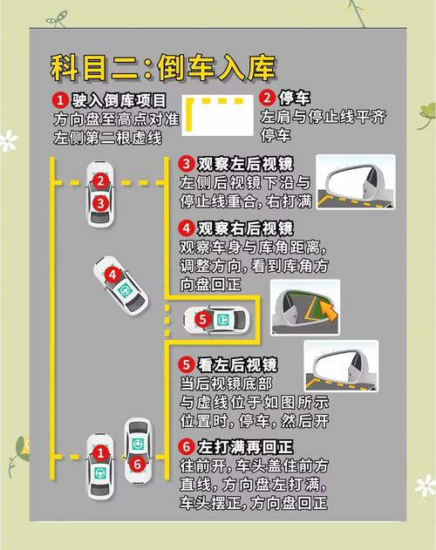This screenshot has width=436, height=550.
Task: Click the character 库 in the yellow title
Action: pyautogui.click(x=261, y=68)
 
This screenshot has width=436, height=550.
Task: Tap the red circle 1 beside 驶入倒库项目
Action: pyautogui.click(x=60, y=100)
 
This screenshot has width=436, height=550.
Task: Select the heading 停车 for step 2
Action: pyautogui.click(x=294, y=98)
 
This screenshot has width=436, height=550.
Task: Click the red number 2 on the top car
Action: pyautogui.click(x=100, y=181)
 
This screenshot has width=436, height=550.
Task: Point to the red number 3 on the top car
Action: pyautogui.click(x=100, y=203)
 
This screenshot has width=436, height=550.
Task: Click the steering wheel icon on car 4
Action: pyautogui.click(x=125, y=289)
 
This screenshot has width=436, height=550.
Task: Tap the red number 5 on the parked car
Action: pyautogui.click(x=202, y=320)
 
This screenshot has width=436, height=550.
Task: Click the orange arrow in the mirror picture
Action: pyautogui.click(x=329, y=310)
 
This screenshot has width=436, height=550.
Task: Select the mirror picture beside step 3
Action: pyautogui.click(x=356, y=182)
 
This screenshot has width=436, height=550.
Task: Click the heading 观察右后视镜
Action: pyautogui.click(x=245, y=228)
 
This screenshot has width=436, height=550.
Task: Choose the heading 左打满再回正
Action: pyautogui.click(x=245, y=447)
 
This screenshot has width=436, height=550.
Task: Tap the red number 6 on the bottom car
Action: pyautogui.click(x=137, y=465)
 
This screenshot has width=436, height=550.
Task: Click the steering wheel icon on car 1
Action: pyautogui.click(x=100, y=473)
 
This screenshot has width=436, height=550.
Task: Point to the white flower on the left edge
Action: pyautogui.click(x=9, y=140)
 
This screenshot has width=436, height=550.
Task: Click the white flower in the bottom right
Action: pyautogui.click(x=426, y=485)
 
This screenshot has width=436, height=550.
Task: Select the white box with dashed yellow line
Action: pyautogui.click(x=218, y=115)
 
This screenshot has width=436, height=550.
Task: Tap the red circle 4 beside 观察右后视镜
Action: pyautogui.click(x=187, y=228)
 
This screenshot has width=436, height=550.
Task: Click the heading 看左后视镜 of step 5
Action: pyautogui.click(x=237, y=365)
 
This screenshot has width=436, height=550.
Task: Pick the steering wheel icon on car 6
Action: pyautogui.click(x=138, y=444)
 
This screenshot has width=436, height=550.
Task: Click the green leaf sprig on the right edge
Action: pyautogui.click(x=427, y=116)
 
